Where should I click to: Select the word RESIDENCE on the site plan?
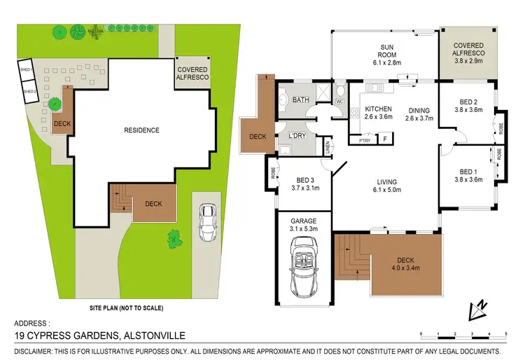pos(142,130)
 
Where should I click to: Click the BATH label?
pos(301,100)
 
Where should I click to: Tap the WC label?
pos(339,102)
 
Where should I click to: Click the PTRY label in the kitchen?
pos(364,140)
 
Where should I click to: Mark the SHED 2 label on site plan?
pos(29,92)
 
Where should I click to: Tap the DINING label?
pos(419,109)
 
